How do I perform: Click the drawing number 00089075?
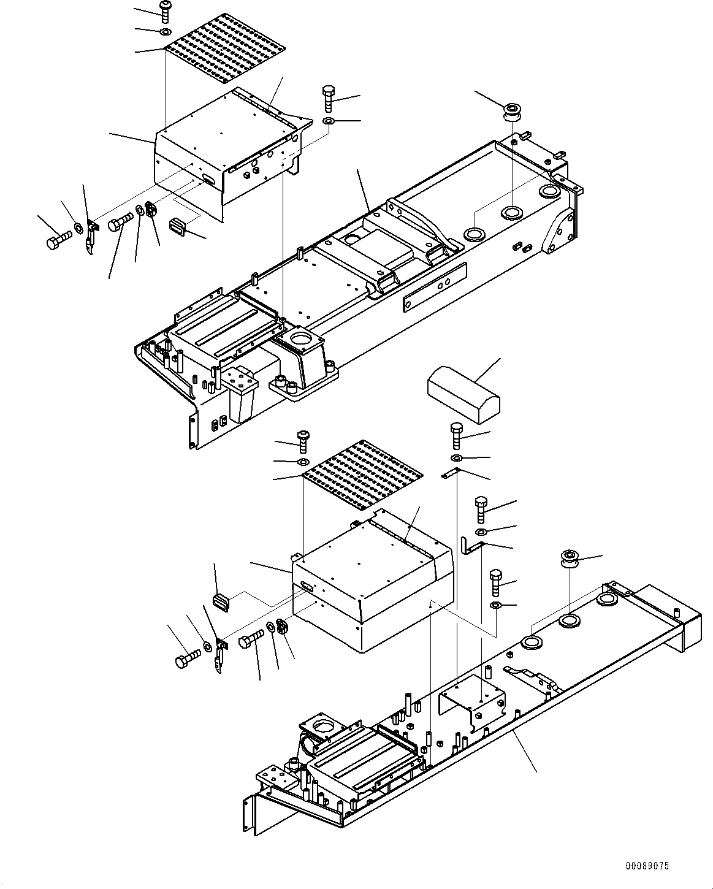pos(647,866)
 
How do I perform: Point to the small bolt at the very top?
pos(166,11)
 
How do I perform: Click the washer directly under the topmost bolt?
pos(165,31)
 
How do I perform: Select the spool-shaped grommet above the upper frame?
pos(510,112)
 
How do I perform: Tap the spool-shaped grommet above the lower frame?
pos(569,560)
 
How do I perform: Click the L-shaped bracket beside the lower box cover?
pos(471,544)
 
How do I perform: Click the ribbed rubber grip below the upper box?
pos(178,226)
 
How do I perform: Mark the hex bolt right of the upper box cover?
pos(328,97)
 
